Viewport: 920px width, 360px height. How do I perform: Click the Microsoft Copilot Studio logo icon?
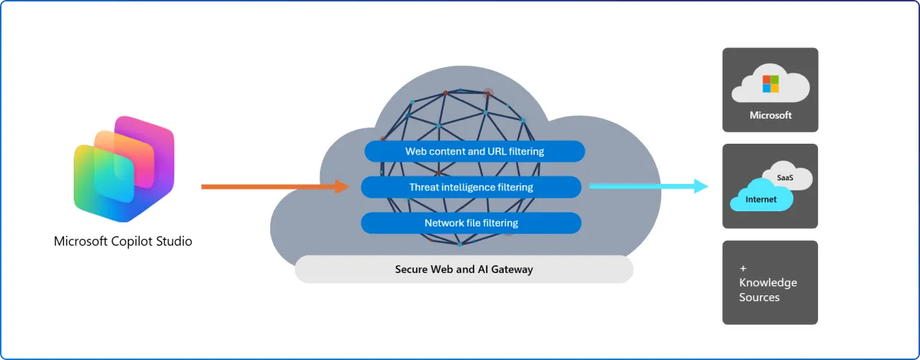124,170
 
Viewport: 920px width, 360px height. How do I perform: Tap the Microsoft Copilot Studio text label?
123,241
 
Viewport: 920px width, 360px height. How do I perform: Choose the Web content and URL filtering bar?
474,152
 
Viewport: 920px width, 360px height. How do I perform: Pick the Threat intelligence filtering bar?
471,188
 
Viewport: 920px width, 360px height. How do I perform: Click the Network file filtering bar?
471,223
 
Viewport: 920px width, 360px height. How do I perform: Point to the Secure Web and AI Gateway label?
464,269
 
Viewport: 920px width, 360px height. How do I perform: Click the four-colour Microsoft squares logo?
770,84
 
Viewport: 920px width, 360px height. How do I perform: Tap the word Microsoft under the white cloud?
770,115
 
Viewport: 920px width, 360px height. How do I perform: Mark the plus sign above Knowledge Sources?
743,268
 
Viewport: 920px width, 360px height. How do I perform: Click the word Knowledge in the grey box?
768,283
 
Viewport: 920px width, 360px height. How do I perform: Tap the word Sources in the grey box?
759,297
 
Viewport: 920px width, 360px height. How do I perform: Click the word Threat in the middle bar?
425,188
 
